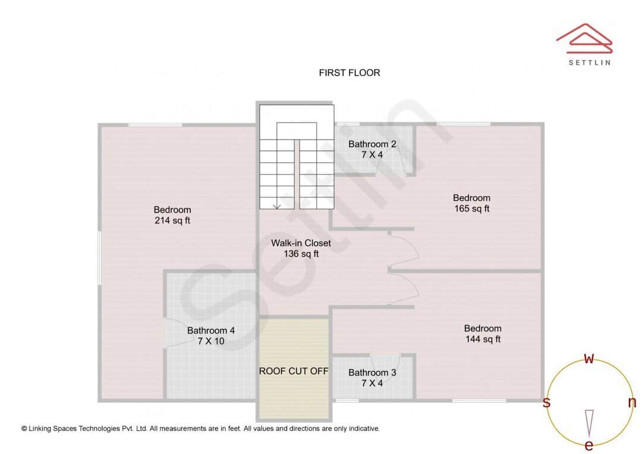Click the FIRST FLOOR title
(349, 73)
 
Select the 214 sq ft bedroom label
(172, 215)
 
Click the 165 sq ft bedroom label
(471, 203)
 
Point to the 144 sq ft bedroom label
(483, 334)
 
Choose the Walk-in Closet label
(301, 248)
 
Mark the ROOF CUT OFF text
(294, 371)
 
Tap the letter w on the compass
(589, 358)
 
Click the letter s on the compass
(546, 403)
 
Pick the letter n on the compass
(632, 402)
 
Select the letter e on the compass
(589, 446)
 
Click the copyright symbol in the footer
(24, 428)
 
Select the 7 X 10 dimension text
(211, 341)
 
